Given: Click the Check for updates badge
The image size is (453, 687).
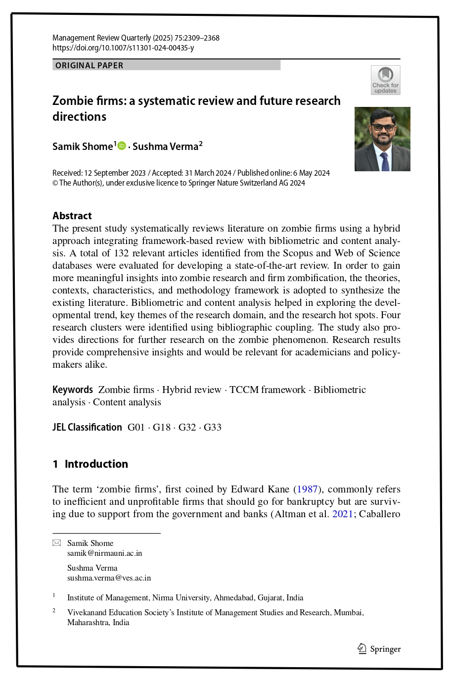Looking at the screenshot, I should point(385,80).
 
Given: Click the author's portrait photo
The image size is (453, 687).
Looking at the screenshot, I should point(382,139).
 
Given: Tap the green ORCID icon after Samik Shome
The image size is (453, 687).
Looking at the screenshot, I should point(122,146).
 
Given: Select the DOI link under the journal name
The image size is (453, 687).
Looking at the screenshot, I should point(123,48).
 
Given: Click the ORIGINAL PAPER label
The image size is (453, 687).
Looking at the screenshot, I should point(90,65).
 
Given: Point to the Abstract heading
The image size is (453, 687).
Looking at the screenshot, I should point(72,216).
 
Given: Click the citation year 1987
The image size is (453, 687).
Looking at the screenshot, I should point(307,489).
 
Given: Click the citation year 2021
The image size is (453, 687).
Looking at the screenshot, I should point(342,514).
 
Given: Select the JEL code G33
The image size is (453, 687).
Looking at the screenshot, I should point(213,427).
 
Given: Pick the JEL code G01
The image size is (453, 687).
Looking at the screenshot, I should point(136,427).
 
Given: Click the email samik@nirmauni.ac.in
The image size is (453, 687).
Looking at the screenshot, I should point(104,553).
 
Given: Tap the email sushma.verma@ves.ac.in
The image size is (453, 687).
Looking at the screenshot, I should point(109,578).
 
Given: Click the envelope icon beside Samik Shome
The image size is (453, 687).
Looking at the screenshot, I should point(57,543).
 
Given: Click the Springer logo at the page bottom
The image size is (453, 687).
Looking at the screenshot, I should point(379,649).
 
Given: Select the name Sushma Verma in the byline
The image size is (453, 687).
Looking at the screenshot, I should point(165,147).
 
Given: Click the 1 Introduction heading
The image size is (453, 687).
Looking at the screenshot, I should point(91,464).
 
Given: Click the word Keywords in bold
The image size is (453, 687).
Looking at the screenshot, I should point(73,390).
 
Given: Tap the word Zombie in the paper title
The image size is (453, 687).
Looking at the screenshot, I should point(73,100).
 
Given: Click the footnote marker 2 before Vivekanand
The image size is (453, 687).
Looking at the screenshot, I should point(54,610).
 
